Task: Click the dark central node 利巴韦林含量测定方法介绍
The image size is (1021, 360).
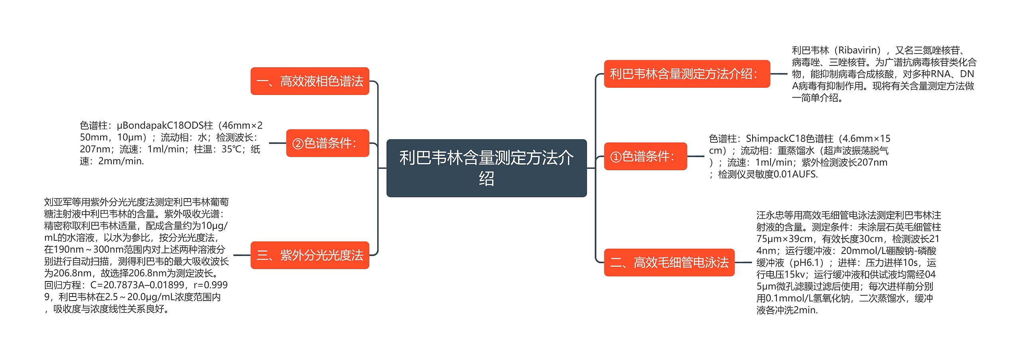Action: click(x=486, y=168)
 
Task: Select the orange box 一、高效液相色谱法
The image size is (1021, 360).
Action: click(x=309, y=81)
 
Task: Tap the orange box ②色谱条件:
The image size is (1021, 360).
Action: click(x=327, y=143)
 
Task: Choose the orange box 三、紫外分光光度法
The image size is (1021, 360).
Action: click(x=309, y=255)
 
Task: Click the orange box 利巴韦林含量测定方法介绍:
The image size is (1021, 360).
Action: click(x=686, y=74)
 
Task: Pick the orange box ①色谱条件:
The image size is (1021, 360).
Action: click(x=645, y=156)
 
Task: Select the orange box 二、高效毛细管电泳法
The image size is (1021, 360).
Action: click(x=669, y=262)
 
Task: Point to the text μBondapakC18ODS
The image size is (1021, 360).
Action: click(x=160, y=126)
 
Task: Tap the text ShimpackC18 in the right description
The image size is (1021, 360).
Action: click(x=770, y=139)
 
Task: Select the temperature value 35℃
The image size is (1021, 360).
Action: click(x=233, y=149)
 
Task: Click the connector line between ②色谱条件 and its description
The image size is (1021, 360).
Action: click(x=277, y=143)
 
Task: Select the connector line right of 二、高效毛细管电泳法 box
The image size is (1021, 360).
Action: click(x=743, y=262)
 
